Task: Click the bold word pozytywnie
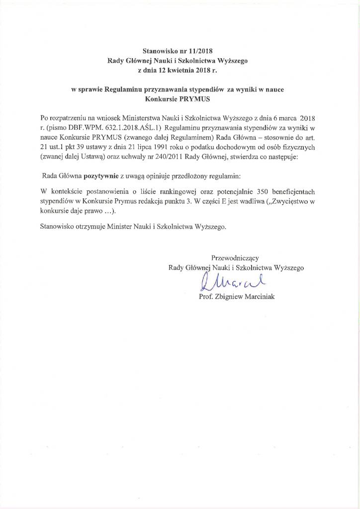(x=102, y=176)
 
